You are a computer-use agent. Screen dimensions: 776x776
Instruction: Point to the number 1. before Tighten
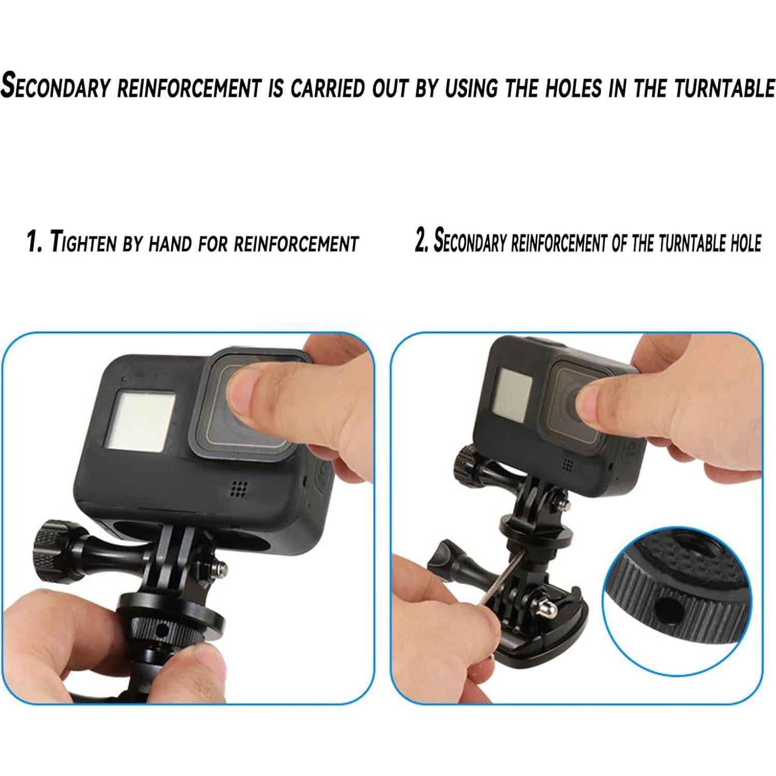coord(34,242)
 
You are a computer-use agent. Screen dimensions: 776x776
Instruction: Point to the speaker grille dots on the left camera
coord(238,488)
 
